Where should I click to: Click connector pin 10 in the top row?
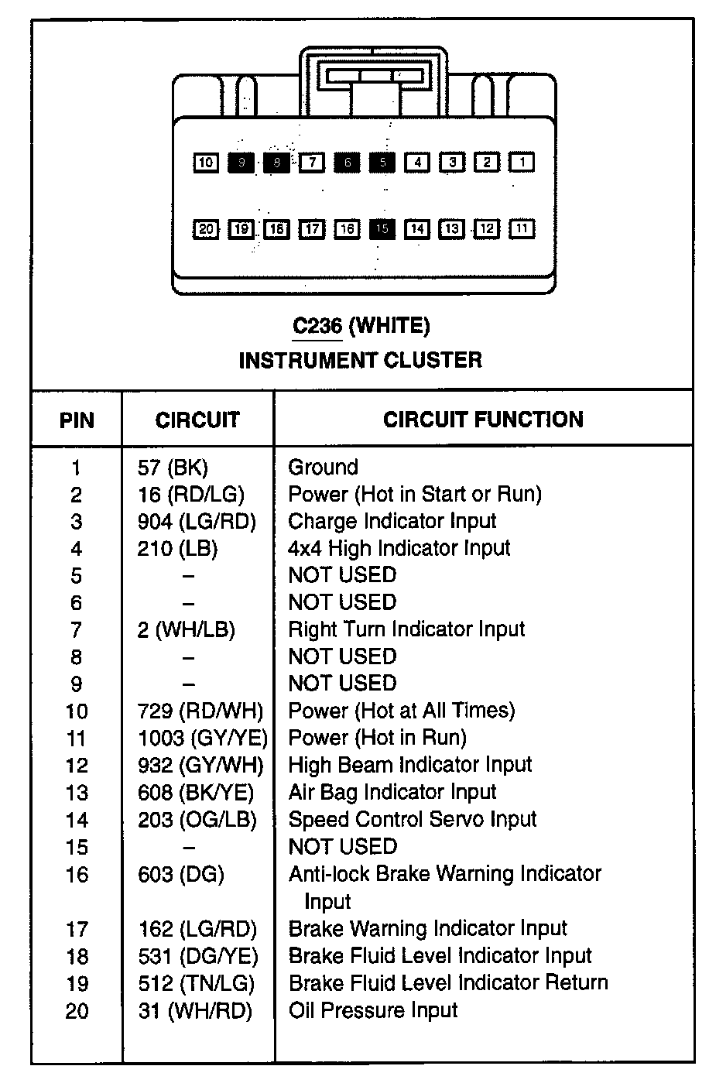point(205,163)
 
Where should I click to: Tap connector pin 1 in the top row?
point(522,163)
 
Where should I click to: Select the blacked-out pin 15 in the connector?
point(382,229)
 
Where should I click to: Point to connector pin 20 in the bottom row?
point(205,229)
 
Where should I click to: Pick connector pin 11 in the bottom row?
point(522,229)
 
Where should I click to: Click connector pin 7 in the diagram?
point(311,163)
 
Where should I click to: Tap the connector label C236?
point(317,326)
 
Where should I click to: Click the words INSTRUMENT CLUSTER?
point(360,360)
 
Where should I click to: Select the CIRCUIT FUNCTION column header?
point(483,420)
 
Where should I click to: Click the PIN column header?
point(77,420)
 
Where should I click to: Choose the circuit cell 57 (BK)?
point(173,468)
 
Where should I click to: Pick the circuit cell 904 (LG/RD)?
point(197,522)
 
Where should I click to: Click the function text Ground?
point(323,468)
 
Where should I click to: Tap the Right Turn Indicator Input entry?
point(406,629)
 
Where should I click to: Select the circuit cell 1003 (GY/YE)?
point(203,738)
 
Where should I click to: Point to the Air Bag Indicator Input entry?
point(392,792)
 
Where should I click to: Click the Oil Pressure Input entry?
point(372,1010)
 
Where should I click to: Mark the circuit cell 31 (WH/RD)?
point(195,1010)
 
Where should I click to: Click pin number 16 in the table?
point(77,875)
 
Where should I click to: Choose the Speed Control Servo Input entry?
point(412,819)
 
